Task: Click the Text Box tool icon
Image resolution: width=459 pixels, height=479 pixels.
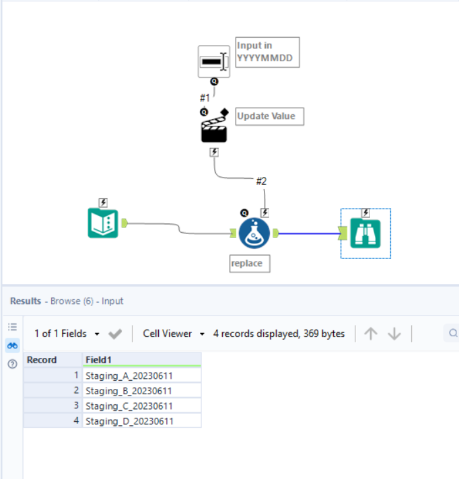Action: coord(213,62)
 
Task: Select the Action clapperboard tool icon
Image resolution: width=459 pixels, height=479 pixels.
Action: coord(214,128)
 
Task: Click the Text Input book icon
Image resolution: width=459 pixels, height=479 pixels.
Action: coord(102,223)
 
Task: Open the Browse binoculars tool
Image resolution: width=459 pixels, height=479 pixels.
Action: coord(365,233)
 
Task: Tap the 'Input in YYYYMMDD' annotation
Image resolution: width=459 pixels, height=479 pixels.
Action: coord(267,52)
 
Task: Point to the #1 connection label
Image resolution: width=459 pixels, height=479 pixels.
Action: coord(205,98)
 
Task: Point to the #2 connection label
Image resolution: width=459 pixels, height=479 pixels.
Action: coord(261,181)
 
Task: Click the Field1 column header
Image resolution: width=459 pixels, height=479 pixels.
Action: coord(141,360)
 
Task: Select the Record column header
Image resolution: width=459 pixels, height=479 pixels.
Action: coord(52,360)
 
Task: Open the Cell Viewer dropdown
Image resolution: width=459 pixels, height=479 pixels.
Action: coord(173,334)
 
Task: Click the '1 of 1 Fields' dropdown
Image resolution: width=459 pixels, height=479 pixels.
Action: coord(67,334)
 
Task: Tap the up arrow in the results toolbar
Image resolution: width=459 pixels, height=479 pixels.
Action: coord(370,334)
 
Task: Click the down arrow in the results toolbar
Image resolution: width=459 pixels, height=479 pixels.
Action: coord(394,334)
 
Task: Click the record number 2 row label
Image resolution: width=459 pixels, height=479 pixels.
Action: coord(53,391)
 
